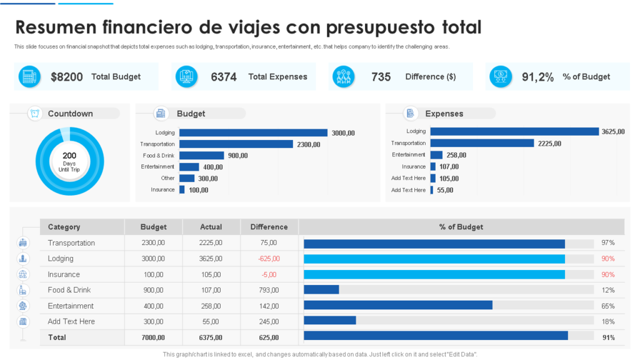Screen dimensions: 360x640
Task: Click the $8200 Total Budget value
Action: tap(67, 77)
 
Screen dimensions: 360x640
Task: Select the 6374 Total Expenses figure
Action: tap(224, 77)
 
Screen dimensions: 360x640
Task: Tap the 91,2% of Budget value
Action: tap(538, 77)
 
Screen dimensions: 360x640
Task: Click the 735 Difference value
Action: tap(381, 77)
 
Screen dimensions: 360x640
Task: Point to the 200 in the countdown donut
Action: tap(69, 156)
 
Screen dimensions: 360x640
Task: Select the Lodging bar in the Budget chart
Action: tap(253, 132)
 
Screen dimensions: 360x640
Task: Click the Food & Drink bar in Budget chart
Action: tap(201, 156)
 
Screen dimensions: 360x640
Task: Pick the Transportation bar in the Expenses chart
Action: tap(482, 143)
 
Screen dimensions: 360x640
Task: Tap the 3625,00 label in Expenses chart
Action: tap(614, 132)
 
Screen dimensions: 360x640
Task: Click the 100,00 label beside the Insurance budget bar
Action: tap(198, 190)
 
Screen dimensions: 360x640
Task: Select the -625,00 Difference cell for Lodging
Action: tap(269, 259)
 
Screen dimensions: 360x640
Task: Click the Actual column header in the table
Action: tap(211, 227)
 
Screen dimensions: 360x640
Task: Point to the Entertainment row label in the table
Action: tap(71, 306)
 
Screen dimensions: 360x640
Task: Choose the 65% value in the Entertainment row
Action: tap(608, 306)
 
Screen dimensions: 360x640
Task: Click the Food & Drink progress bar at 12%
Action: tap(321, 290)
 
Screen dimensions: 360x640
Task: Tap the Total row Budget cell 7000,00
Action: tap(153, 337)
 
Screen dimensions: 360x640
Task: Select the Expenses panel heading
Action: tap(444, 114)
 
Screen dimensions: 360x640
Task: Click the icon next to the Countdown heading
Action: tap(35, 113)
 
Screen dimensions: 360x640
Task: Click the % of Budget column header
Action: tap(461, 227)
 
